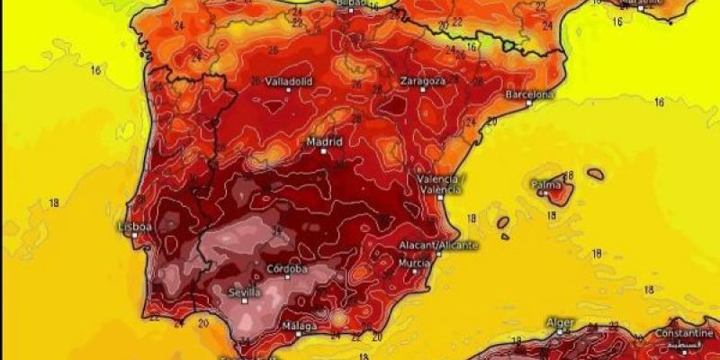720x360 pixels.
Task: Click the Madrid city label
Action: [x=324, y=141]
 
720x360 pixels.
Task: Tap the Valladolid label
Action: [x=289, y=80]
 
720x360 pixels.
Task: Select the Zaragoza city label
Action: [x=423, y=80]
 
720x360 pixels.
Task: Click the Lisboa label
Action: [x=136, y=227]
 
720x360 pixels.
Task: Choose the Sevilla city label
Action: [x=245, y=292]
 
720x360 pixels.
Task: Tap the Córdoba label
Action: [x=287, y=269]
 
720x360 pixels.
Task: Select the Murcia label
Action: [x=414, y=263]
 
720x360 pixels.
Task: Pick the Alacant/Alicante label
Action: [x=438, y=245]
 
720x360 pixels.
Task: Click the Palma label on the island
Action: [x=545, y=185]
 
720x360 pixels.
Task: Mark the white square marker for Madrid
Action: [x=324, y=151]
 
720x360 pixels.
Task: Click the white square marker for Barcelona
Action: [x=529, y=103]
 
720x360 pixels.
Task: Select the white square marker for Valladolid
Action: [x=289, y=89]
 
